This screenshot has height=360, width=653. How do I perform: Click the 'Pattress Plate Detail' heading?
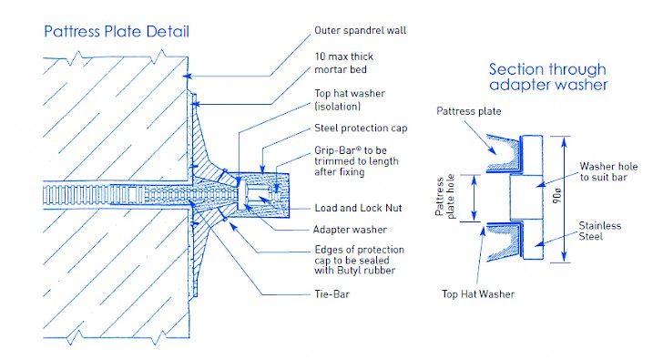point(116,33)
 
